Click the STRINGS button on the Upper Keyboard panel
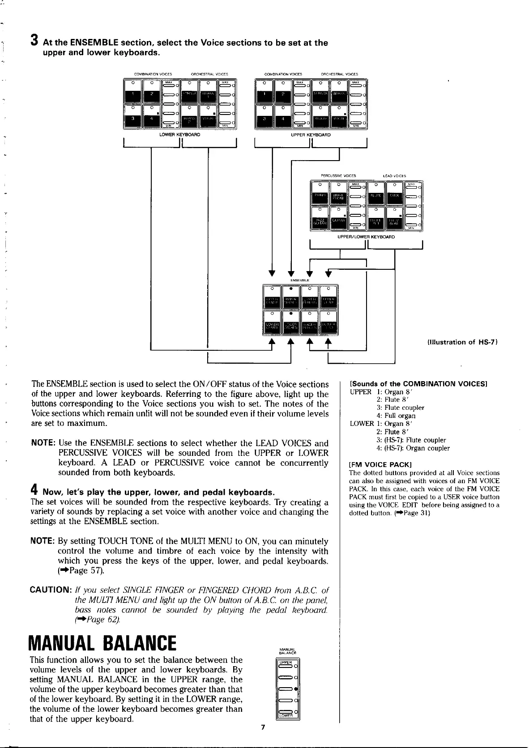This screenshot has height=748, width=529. [x=320, y=94]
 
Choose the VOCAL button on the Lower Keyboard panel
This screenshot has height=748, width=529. [x=208, y=119]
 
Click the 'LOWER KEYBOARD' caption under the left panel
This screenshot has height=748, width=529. [x=182, y=134]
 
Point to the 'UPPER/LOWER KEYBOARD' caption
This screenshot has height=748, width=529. [x=366, y=237]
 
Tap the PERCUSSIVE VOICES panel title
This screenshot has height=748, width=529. [x=338, y=175]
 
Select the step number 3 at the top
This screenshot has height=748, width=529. [x=34, y=42]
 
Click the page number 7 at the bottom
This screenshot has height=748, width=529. [x=263, y=727]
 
